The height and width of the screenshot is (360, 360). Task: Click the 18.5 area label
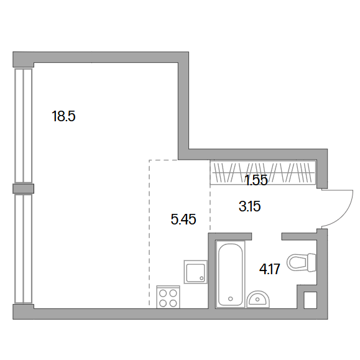63,116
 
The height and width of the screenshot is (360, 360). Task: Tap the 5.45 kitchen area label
183,219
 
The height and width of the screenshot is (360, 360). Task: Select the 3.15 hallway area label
249,206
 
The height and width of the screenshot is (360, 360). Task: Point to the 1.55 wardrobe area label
256,180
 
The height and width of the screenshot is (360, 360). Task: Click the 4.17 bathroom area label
270,269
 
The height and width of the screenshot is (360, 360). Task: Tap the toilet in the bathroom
302,262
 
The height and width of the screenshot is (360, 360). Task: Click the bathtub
230,274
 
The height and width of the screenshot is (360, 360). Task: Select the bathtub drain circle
231,298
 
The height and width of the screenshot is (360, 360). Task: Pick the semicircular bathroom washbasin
258,299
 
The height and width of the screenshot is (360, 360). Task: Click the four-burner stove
168,297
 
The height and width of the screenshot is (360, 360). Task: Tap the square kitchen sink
195,272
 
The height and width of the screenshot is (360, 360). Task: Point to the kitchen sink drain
201,279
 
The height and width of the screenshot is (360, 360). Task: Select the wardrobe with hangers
263,172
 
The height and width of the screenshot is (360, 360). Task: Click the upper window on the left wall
24,126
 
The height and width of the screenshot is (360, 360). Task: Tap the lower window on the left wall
23,249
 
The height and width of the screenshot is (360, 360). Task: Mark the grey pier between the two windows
24,189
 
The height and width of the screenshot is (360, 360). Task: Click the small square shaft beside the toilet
310,300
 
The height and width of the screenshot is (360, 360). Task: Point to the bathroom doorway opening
267,236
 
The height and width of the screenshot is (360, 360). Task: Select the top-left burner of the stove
163,293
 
